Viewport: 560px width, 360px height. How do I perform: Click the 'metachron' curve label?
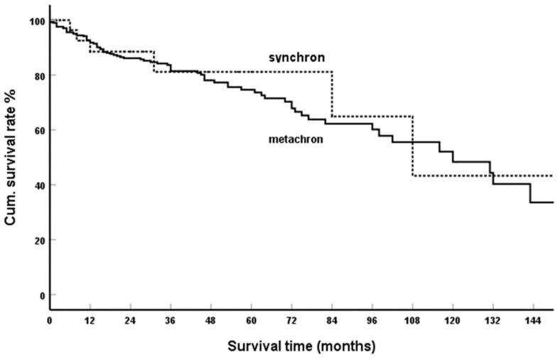[296, 140]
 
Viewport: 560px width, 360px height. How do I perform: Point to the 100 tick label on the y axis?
[35, 21]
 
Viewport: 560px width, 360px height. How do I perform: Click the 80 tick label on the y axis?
[37, 76]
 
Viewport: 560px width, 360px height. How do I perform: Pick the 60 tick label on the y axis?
[37, 131]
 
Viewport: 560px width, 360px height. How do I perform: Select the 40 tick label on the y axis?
[37, 185]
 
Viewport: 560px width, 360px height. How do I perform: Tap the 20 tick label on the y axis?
[37, 240]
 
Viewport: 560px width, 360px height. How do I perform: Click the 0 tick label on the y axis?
[40, 295]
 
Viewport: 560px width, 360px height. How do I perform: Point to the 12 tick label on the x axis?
[90, 322]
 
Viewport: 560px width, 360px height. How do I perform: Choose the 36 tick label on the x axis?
[171, 322]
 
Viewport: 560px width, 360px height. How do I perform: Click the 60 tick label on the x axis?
[251, 322]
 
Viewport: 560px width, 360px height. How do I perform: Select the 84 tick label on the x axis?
[332, 322]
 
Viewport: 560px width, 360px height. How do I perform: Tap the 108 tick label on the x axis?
[412, 322]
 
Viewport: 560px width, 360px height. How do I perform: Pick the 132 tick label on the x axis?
[492, 322]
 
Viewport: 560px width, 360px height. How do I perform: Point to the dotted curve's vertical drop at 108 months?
[412, 146]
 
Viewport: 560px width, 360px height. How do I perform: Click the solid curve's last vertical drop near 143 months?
[530, 193]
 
